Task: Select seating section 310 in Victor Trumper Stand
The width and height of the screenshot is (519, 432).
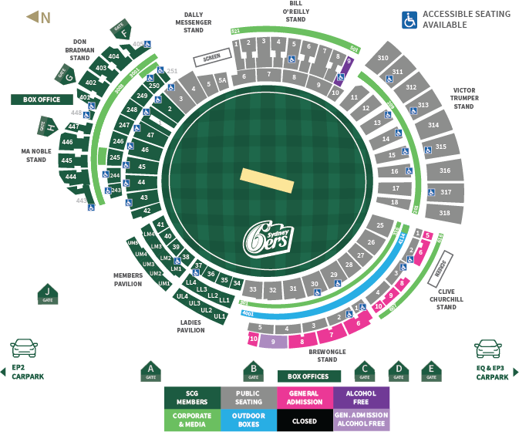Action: [383, 59]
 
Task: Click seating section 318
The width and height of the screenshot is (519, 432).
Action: [443, 212]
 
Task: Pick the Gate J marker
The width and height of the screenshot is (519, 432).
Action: [48, 294]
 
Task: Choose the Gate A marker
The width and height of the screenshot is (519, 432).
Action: [151, 372]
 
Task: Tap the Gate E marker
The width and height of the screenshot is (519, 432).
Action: [432, 372]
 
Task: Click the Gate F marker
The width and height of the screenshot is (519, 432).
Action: [120, 31]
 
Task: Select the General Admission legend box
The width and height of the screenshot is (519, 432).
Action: [304, 397]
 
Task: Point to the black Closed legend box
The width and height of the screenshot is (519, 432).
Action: [304, 420]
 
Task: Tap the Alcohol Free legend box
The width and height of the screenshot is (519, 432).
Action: [361, 397]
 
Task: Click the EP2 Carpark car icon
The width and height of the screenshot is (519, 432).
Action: [24, 348]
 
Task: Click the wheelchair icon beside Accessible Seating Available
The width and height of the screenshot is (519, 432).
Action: [409, 19]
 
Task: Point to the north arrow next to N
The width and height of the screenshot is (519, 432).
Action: [32, 17]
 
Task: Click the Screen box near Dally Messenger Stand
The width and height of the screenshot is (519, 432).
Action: [212, 58]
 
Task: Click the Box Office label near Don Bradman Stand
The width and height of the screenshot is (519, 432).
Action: [41, 100]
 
